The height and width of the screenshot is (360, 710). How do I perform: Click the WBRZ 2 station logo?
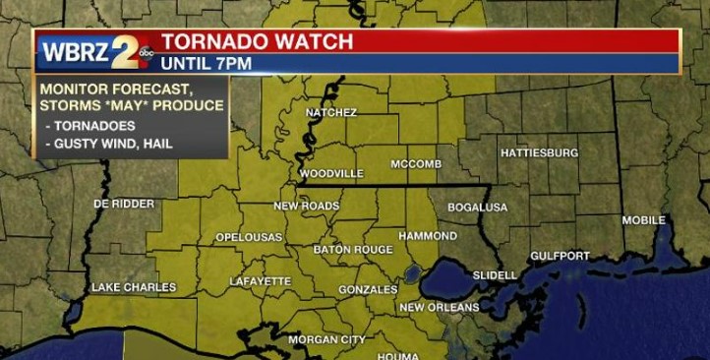point(93,51)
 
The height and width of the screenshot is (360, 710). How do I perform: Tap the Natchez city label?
point(330,113)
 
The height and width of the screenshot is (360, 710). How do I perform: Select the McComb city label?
point(416,163)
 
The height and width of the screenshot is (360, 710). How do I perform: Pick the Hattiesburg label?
point(539,153)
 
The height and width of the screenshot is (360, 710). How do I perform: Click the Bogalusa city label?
point(477,208)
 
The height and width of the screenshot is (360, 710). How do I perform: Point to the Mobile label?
point(643,220)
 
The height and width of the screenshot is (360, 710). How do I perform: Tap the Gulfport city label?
point(560,256)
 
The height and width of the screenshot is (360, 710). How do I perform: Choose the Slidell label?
point(495,274)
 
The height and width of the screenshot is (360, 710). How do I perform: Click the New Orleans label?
point(439,308)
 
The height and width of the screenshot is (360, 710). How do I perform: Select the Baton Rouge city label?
point(353,250)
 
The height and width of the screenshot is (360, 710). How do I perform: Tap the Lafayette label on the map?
point(261,281)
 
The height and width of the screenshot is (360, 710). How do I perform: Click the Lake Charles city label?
point(134,287)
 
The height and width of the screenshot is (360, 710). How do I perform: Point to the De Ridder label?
point(124,204)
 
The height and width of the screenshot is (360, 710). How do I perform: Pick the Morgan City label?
point(326,340)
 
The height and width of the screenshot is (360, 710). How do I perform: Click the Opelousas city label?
point(249,238)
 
